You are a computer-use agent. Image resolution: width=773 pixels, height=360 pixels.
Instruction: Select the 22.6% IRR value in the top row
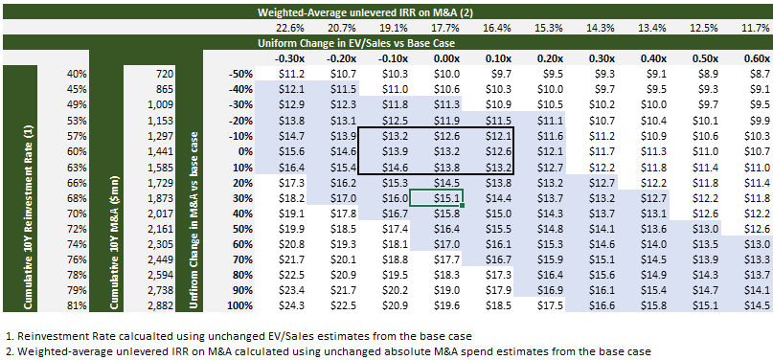click(x=289, y=28)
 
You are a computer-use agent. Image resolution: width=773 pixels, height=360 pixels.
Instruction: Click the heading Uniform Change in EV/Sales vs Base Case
click(x=356, y=43)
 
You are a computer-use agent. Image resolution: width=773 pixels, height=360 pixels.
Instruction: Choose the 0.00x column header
click(x=446, y=58)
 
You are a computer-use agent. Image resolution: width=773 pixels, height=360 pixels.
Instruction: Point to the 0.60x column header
click(x=757, y=58)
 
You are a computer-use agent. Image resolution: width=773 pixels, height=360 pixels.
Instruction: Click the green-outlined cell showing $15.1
click(x=436, y=197)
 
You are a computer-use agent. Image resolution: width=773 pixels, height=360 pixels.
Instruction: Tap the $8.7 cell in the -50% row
click(x=759, y=75)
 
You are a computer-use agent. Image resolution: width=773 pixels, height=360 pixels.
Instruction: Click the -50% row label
click(x=240, y=75)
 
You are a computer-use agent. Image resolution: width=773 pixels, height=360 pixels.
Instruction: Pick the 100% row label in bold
click(x=240, y=305)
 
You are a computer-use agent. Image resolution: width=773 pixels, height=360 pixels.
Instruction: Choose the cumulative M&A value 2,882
click(x=162, y=305)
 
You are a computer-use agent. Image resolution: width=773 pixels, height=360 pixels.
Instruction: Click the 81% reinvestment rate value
click(x=78, y=305)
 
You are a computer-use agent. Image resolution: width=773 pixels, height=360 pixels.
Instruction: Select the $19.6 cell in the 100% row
click(x=446, y=305)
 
